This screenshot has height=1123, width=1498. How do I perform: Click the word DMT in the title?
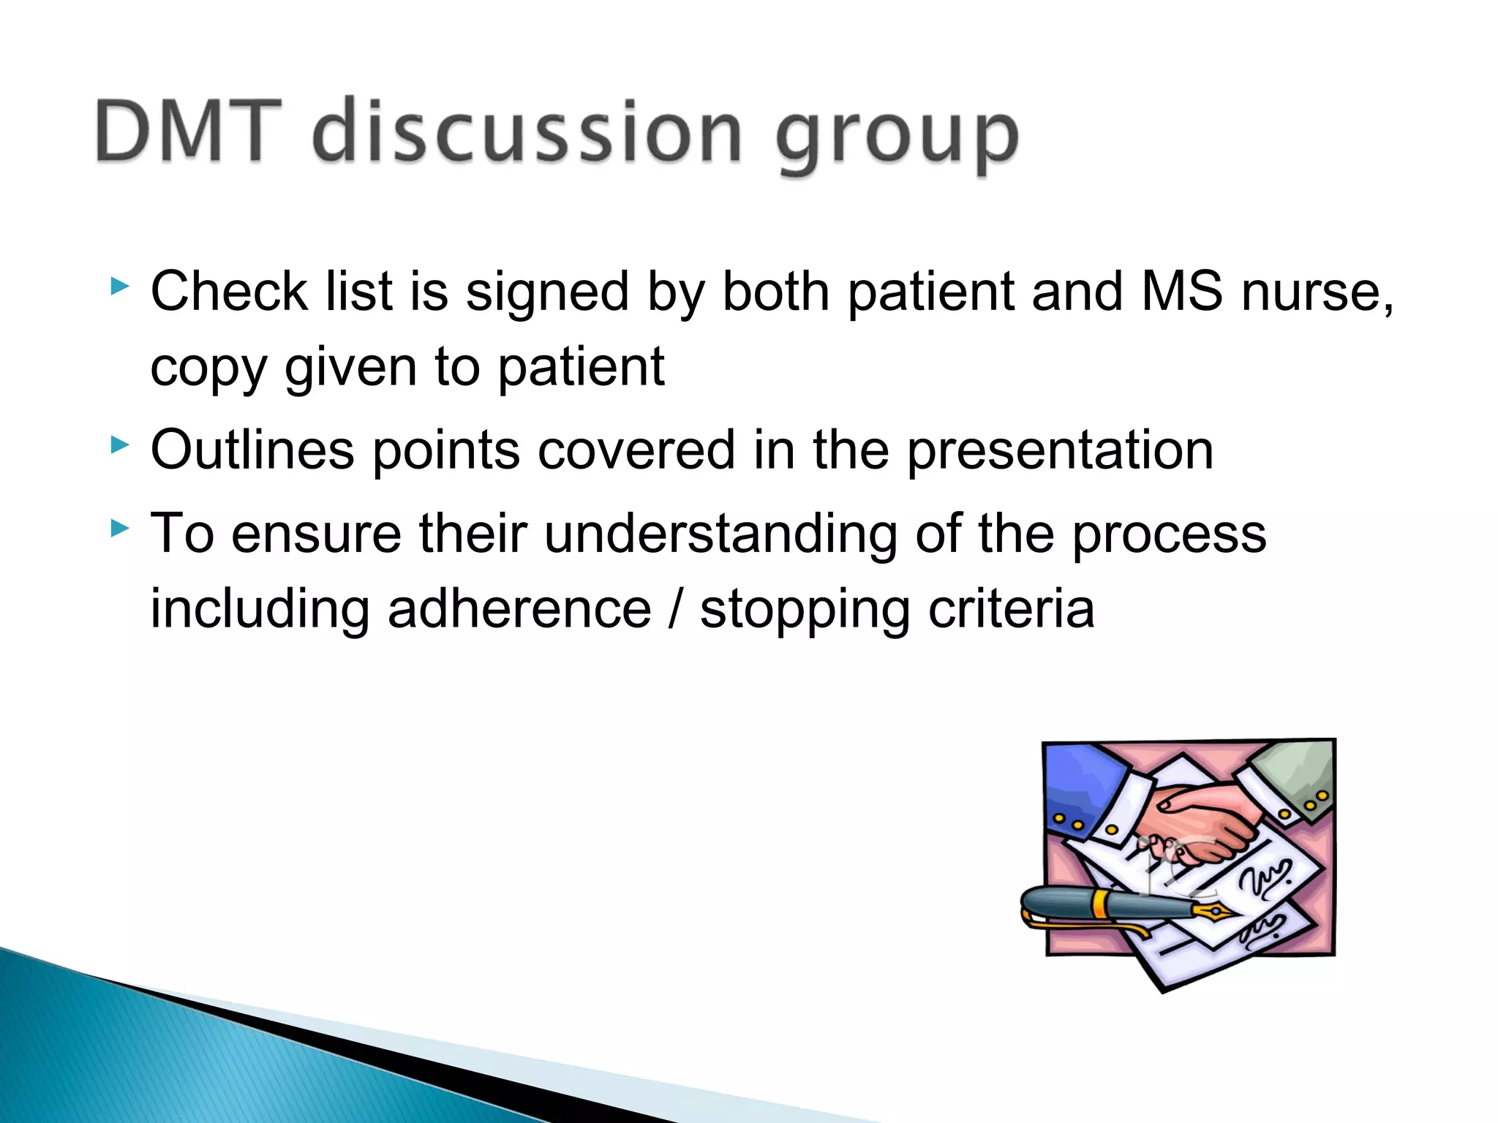click(x=187, y=132)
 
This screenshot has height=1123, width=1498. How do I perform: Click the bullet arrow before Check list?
click(x=119, y=286)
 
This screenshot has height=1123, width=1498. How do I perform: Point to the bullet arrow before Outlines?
click(x=119, y=445)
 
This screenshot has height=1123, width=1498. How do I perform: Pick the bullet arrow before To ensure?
click(x=119, y=528)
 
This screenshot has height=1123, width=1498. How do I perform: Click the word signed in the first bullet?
click(x=547, y=292)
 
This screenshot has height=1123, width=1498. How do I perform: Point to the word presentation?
click(x=1060, y=451)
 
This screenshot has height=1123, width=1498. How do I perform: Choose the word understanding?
click(x=720, y=534)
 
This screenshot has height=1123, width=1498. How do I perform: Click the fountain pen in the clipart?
click(x=1097, y=905)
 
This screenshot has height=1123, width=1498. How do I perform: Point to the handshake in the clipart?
click(x=1200, y=823)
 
